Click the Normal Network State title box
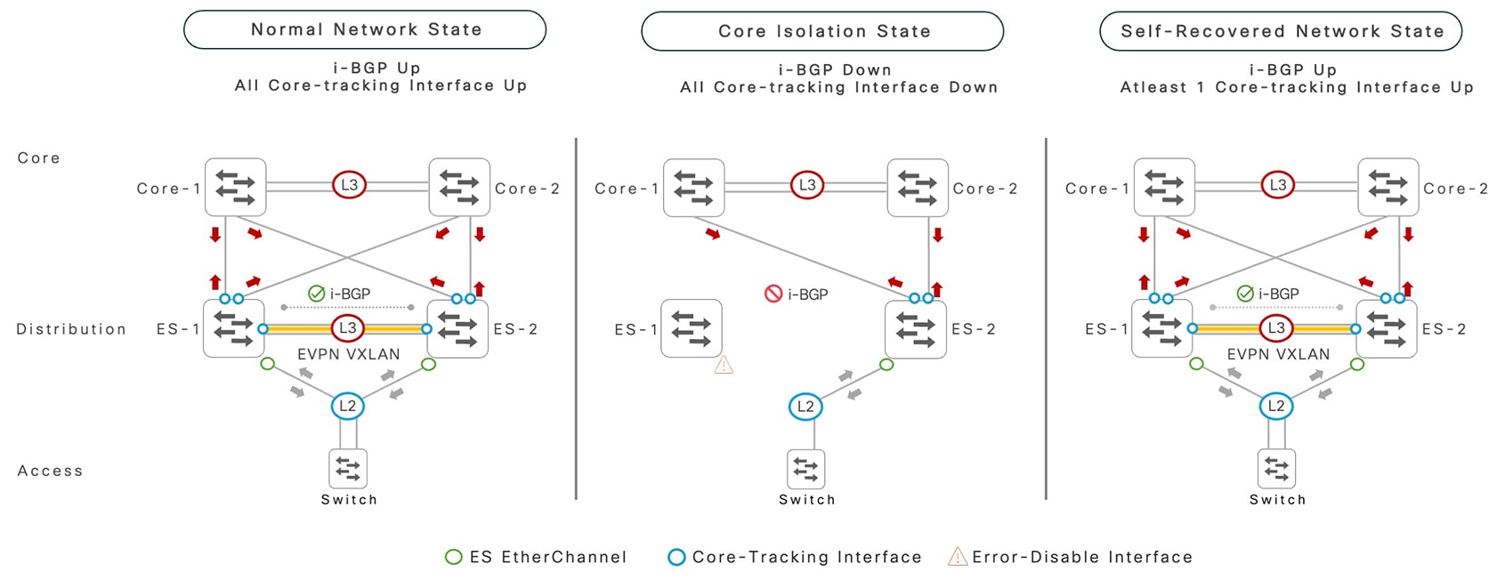coord(365,29)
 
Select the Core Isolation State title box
coord(823,31)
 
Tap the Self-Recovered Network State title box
coord(1281,31)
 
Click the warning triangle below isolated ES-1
coord(724,365)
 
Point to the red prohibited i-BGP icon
coord(773,294)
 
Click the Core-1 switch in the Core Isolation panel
coord(693,188)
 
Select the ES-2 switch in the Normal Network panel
coord(457,328)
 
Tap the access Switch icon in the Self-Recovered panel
coord(1276,468)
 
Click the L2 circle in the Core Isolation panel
coord(805,407)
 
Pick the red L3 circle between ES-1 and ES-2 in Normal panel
coord(347,328)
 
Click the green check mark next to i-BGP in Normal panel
coord(316,294)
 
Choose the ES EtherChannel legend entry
coord(537,557)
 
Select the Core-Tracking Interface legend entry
coord(795,557)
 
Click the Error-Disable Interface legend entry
coord(1071,557)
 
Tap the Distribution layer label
coord(71,329)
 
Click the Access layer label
coord(50,471)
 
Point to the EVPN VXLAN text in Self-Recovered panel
coord(1278,354)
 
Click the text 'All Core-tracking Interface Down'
coord(838,87)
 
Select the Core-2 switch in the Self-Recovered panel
coord(1388,188)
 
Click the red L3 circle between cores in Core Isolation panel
coord(806,185)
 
